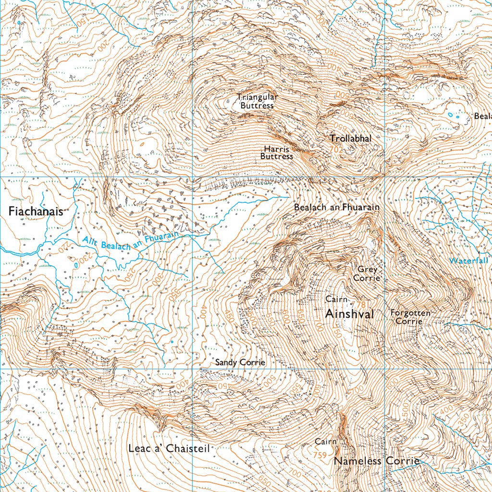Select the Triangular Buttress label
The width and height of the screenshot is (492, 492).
(257, 101)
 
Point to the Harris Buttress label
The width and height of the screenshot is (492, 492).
(277, 153)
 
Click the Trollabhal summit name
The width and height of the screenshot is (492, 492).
(351, 138)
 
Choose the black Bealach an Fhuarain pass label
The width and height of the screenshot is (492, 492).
(336, 207)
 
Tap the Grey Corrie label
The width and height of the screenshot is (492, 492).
(368, 274)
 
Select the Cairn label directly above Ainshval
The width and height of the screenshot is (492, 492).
(336, 299)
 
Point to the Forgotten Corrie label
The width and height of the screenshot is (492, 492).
(410, 317)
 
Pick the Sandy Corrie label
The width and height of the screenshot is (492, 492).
(240, 362)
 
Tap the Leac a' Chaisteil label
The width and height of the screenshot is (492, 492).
(169, 448)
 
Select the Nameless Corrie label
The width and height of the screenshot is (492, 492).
(377, 461)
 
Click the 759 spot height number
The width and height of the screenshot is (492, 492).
(320, 455)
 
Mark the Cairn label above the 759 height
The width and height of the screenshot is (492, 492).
(325, 441)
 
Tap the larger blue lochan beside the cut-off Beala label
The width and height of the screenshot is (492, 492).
(450, 115)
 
